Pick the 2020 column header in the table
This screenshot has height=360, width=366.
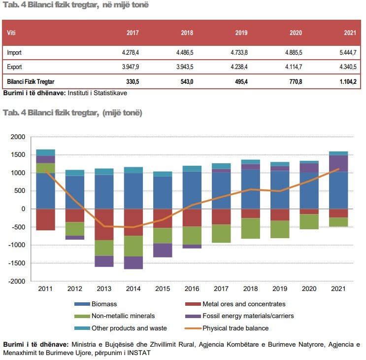tap(296, 33)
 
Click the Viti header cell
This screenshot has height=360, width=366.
tap(11, 33)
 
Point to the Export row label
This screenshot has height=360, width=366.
tap(14, 67)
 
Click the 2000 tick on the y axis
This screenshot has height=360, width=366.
tap(17, 137)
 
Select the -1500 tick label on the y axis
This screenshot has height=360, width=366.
tap(16, 263)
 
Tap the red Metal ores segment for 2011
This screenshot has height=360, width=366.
tap(46, 219)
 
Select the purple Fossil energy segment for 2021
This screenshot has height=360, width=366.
tap(338, 163)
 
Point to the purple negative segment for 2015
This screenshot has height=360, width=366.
tap(163, 250)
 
